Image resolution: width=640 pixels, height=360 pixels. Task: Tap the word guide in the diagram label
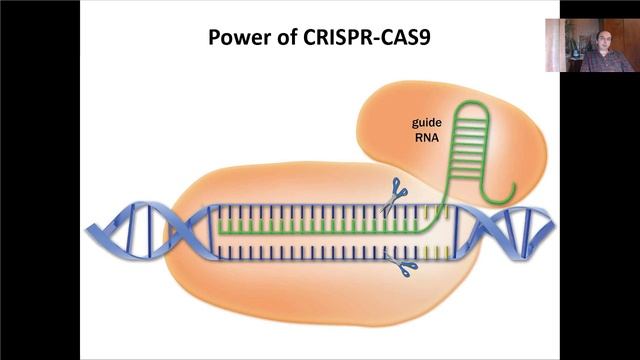tap(429, 122)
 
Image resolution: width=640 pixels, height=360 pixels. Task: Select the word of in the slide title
tap(278, 38)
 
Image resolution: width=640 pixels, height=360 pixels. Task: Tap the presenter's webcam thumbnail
tap(589, 45)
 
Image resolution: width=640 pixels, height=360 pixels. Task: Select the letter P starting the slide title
tap(213, 38)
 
